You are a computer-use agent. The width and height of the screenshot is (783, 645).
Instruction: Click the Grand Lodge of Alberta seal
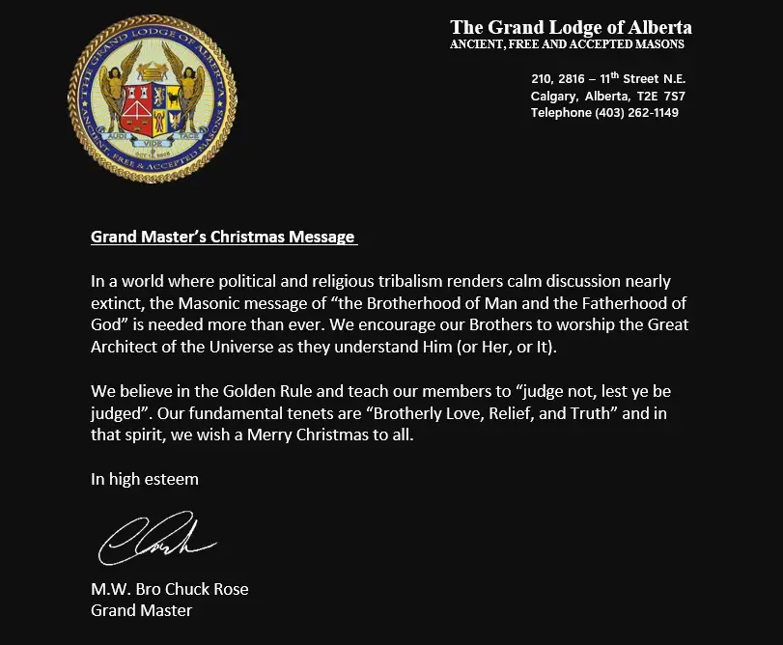tap(153, 98)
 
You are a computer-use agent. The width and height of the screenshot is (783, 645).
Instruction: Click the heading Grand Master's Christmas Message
tap(223, 237)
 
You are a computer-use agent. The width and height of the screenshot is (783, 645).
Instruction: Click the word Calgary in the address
tap(553, 97)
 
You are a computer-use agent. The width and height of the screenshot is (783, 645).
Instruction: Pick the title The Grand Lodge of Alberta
tap(571, 27)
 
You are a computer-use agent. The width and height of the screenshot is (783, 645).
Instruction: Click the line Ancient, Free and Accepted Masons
tap(567, 44)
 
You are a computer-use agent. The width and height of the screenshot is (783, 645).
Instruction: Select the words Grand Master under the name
tap(141, 610)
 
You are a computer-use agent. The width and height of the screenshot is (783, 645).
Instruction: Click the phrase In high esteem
tap(145, 478)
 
